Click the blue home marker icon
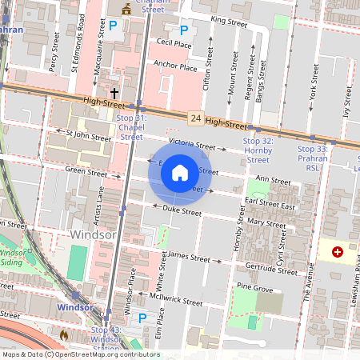180,173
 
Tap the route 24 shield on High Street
195,118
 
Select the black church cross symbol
114,93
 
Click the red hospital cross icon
337,252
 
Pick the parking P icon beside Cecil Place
183,30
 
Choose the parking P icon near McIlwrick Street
142,318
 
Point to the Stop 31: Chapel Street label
131,127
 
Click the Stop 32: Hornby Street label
258,150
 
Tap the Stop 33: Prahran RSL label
312,153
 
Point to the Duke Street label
182,212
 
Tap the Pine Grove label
254,287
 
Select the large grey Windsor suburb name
94,235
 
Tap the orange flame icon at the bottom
64,334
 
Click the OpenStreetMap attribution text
81,354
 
